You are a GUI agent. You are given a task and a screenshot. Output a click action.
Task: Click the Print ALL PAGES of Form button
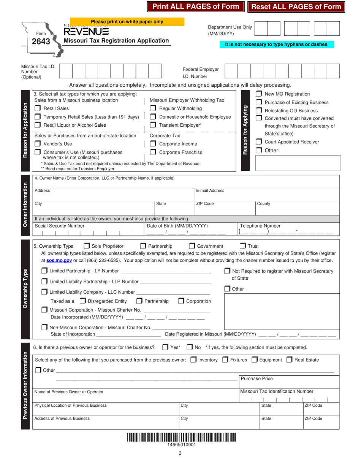click(196, 6)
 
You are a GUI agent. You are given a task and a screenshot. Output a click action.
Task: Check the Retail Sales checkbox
click(38, 109)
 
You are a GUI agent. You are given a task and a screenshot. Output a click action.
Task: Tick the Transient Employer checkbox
click(153, 125)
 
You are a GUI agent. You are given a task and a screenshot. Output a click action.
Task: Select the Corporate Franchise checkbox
click(153, 152)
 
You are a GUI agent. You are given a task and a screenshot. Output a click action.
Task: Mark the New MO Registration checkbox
click(258, 94)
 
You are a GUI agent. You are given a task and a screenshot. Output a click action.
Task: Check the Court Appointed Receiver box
click(258, 142)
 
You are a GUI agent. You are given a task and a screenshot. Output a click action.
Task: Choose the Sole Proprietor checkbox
click(87, 246)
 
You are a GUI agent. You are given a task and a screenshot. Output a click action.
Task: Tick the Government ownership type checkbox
click(192, 246)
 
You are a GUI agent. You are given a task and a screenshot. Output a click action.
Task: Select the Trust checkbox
click(242, 246)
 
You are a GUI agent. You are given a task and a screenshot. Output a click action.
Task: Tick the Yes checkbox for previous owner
click(165, 347)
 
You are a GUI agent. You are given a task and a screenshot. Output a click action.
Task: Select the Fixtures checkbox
click(225, 360)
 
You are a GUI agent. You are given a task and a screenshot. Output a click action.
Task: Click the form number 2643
click(41, 41)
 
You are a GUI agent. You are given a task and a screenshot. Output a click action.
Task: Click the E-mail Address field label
click(210, 191)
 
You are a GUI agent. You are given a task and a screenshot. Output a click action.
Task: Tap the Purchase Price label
click(256, 379)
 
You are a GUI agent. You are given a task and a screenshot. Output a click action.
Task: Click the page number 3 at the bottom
click(180, 453)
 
